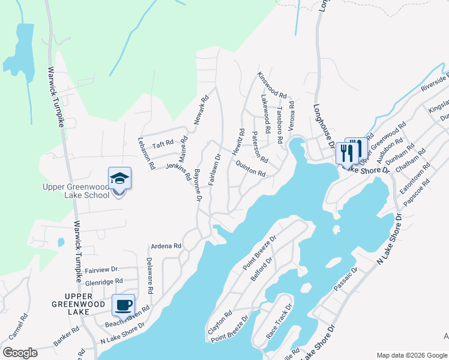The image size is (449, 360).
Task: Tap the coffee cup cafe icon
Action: pos(124,305)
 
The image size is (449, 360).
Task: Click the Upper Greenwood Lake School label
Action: pos(75,191)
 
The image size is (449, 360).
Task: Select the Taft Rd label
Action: pos(163,144)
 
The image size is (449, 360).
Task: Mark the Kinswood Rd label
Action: pos(273,85)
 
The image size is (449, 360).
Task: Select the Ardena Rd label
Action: pos(166,246)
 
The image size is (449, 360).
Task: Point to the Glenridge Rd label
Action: pos(104,281)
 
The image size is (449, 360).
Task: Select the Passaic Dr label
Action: pos(346,279)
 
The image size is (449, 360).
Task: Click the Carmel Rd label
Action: pos(17,326)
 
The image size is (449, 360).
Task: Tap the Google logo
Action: pos(20,352)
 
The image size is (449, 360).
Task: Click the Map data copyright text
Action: pos(411,355)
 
